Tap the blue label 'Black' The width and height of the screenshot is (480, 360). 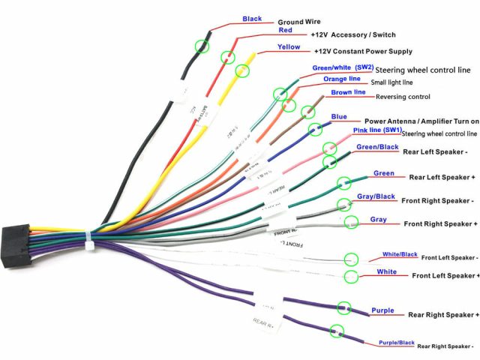(x=253, y=19)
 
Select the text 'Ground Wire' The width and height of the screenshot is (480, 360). (x=300, y=22)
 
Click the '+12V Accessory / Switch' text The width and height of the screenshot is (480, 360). (x=354, y=34)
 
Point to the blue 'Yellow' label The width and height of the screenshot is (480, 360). (x=289, y=46)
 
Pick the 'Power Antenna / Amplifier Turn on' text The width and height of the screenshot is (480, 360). (x=421, y=121)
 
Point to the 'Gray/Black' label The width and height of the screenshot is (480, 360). (x=376, y=196)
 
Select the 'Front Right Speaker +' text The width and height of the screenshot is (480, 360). (x=440, y=223)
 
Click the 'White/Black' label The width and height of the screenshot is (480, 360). (x=399, y=254)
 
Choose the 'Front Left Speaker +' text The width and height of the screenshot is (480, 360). (x=445, y=275)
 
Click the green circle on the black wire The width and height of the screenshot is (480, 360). (x=202, y=46)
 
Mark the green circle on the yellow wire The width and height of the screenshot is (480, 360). (x=242, y=71)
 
